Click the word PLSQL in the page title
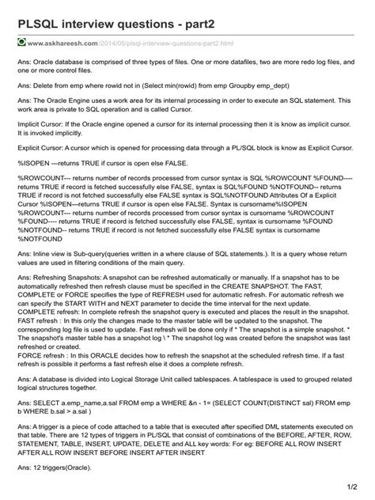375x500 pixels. [x=40, y=16]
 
